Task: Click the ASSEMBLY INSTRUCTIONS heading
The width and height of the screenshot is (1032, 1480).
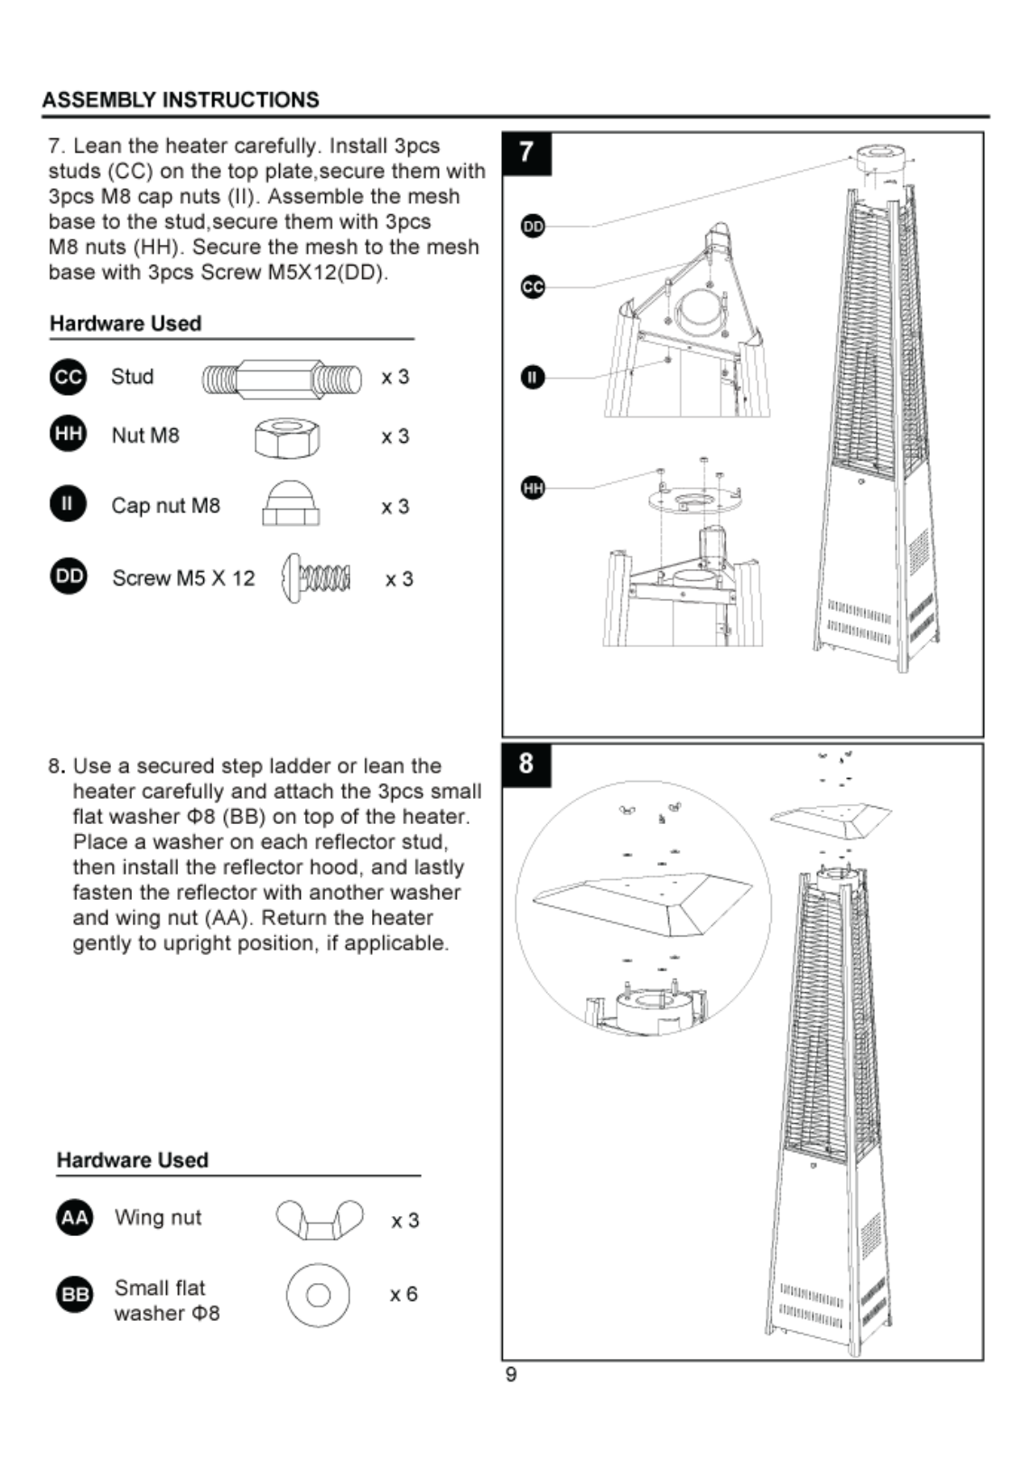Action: pos(181,99)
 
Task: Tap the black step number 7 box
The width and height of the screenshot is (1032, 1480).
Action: pos(526,154)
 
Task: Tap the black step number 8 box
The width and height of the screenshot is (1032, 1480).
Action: pos(526,765)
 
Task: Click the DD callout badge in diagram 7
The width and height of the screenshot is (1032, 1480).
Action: pos(533,227)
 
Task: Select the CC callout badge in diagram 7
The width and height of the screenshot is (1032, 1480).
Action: pos(533,286)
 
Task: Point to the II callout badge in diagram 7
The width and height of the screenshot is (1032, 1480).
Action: pos(533,378)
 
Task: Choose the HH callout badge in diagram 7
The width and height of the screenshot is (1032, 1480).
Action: pos(533,488)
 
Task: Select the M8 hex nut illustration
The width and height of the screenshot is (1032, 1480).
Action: pos(287,436)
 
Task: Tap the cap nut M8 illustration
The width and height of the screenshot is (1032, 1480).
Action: pos(291,503)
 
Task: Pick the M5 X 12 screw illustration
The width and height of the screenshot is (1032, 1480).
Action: pos(315,578)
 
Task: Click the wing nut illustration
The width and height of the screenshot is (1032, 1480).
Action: pos(320,1220)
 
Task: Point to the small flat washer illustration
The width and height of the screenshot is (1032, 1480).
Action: pos(318,1295)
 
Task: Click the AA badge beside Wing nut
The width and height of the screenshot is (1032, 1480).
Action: pos(75,1218)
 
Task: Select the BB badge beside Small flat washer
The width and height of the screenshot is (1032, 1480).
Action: pos(75,1295)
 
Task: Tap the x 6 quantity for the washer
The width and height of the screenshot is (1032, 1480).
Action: pos(404,1295)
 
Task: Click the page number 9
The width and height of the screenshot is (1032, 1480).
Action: pos(511,1374)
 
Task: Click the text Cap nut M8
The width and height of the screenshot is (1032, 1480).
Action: pos(166,505)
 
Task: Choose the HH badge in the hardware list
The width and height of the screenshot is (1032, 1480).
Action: pos(68,434)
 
